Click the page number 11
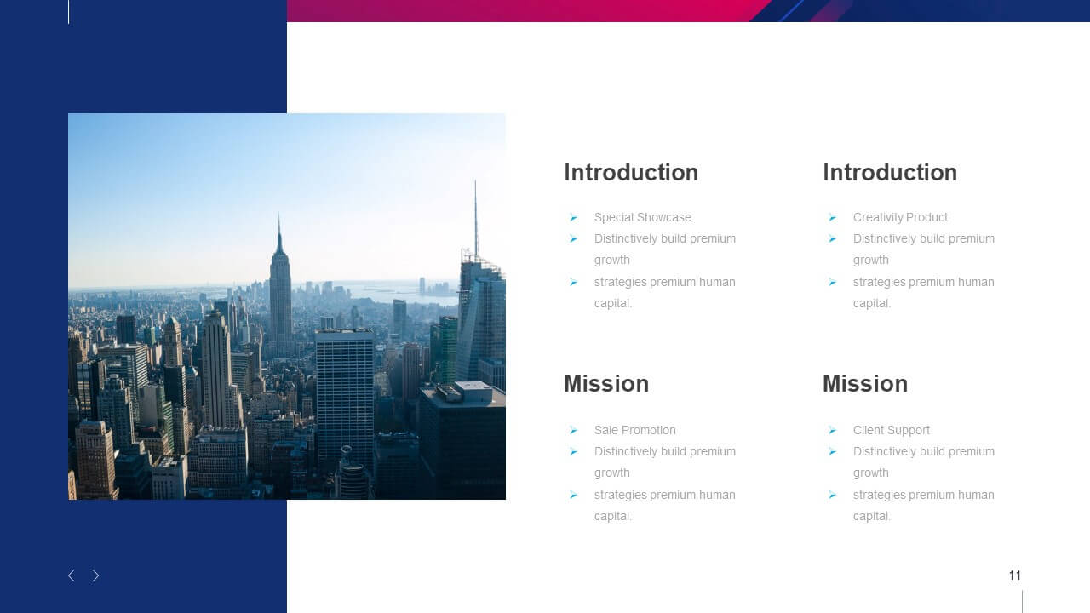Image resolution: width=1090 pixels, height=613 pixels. pos(1014,576)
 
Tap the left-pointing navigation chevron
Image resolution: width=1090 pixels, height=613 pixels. pos(71,576)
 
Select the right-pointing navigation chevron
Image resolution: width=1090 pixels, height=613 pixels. pos(96,576)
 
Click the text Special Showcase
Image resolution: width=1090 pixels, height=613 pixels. pos(642,217)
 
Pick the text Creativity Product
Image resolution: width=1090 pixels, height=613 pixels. pos(900,217)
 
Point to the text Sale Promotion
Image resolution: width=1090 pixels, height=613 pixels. pos(634,430)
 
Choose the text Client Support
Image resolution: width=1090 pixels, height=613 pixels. pos(891,430)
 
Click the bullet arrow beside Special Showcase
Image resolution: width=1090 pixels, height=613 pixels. pos(574,217)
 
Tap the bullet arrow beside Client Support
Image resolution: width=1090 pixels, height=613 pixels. pos(833,430)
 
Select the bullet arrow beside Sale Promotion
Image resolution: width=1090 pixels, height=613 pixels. pos(574,430)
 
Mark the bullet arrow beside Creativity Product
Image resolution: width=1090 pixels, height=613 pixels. pos(833,217)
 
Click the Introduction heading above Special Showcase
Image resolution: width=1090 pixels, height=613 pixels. pos(631,173)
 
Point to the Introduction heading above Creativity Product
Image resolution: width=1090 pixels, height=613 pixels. pos(890,173)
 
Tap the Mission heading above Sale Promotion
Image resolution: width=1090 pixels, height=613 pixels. pos(606,384)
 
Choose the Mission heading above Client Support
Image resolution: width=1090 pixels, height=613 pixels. pos(865,384)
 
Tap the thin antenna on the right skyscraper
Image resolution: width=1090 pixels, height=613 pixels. pos(475,219)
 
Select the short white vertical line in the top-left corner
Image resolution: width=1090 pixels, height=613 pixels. pos(69,12)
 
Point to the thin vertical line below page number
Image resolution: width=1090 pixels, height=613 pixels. pos(1023,602)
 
